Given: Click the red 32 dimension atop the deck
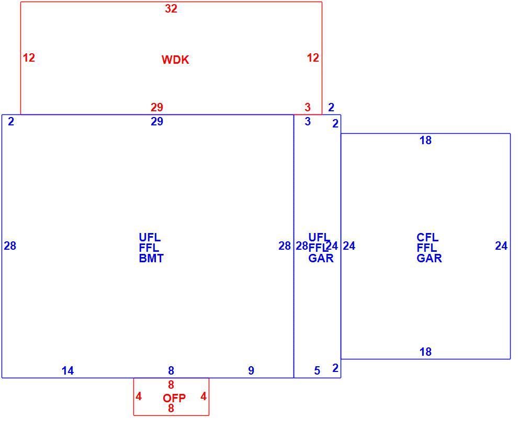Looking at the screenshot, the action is click(x=171, y=8).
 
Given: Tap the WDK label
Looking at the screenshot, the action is click(x=175, y=60).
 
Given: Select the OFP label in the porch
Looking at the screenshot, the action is click(x=174, y=398).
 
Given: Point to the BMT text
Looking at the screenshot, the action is click(x=151, y=258).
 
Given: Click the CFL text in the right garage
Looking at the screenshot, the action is click(x=427, y=237).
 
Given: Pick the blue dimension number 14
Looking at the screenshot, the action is click(x=67, y=370).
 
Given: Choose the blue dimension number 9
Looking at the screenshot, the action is click(x=251, y=370).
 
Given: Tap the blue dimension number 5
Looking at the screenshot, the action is click(x=317, y=370).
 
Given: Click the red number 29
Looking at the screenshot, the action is click(x=157, y=107).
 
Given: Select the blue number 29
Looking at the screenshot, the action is click(x=157, y=121).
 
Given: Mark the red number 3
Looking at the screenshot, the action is click(x=308, y=107).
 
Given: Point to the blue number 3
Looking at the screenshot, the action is click(x=308, y=121).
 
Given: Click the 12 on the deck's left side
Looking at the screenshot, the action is click(x=29, y=57).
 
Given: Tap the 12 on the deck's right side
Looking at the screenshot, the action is click(x=313, y=57).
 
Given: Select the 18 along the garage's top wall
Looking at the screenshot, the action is click(x=425, y=141).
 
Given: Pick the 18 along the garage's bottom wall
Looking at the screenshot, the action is click(x=425, y=352).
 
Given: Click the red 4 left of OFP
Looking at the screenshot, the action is click(x=139, y=396).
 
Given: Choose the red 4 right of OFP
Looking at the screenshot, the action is click(x=204, y=396).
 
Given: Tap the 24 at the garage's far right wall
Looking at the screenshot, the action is click(x=501, y=246).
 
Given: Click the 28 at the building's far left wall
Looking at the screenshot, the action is click(x=10, y=246).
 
